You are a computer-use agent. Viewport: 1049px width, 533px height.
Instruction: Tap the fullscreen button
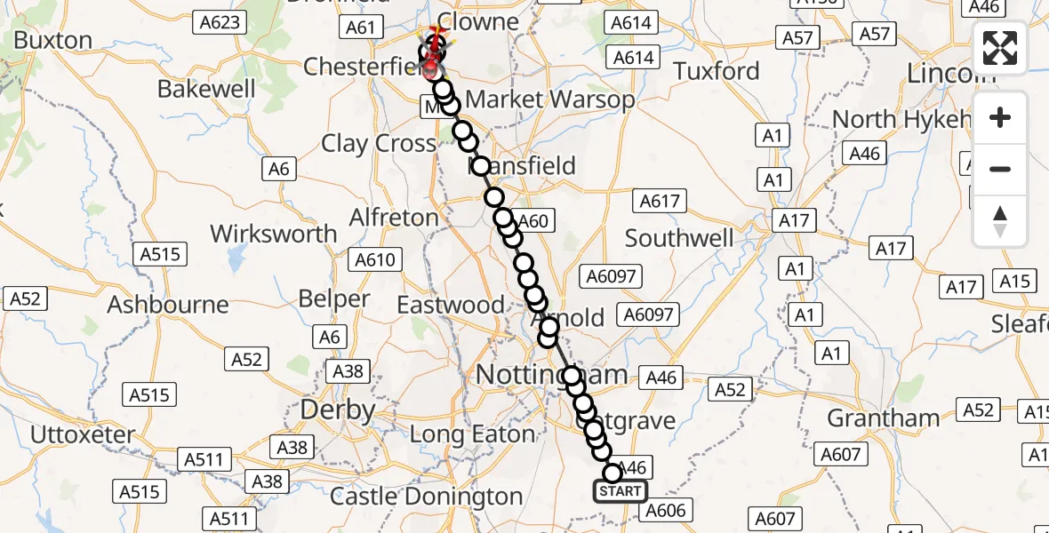[1000, 49]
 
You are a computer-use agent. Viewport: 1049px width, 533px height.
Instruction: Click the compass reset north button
[1000, 221]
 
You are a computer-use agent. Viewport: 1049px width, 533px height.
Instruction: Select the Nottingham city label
[551, 375]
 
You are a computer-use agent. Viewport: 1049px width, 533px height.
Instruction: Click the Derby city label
[337, 410]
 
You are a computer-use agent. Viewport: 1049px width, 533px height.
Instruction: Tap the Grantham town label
[883, 418]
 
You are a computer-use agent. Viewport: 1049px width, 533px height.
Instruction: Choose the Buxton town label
[53, 41]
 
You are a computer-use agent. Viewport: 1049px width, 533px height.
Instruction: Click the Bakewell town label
[206, 89]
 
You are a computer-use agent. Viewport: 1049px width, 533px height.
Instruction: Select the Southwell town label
[679, 238]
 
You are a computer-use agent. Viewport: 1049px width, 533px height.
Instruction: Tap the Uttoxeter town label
[83, 435]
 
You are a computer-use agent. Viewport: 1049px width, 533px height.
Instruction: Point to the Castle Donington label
[426, 496]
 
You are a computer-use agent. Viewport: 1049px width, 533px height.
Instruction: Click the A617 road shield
[660, 202]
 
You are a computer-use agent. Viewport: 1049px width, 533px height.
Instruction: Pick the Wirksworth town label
[273, 234]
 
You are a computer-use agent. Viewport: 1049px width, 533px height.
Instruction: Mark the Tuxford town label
[716, 71]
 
